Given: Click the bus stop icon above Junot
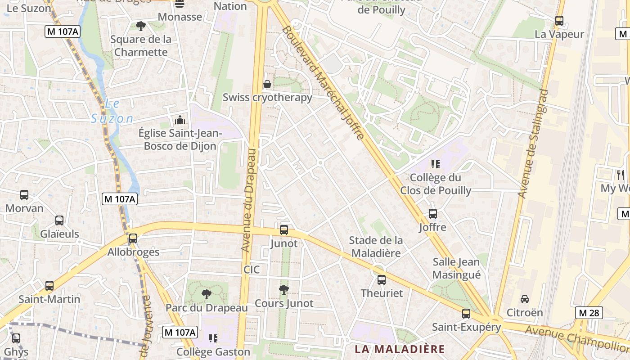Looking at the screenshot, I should pyautogui.click(x=284, y=230).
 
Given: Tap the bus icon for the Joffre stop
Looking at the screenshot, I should pyautogui.click(x=432, y=214).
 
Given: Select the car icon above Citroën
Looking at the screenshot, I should pyautogui.click(x=524, y=299).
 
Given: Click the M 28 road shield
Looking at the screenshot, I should pyautogui.click(x=589, y=313).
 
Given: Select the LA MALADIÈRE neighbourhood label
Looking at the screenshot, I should pyautogui.click(x=400, y=349).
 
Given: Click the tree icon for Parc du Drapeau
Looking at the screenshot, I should pyautogui.click(x=207, y=294).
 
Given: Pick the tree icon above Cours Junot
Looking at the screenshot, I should pyautogui.click(x=283, y=290).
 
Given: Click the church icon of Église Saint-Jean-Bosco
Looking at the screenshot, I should pyautogui.click(x=180, y=120).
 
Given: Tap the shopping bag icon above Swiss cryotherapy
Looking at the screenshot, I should pyautogui.click(x=267, y=84).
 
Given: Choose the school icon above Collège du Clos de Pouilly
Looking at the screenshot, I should pyautogui.click(x=435, y=164).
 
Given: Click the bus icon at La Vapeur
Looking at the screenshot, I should pyautogui.click(x=559, y=21).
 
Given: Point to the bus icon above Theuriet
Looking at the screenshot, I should pyautogui.click(x=382, y=280).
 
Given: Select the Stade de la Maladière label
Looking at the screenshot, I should pyautogui.click(x=376, y=247).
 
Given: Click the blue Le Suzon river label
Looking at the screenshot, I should pyautogui.click(x=112, y=111).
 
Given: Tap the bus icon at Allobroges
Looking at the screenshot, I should pyautogui.click(x=133, y=238).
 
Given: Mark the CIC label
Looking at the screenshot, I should pyautogui.click(x=252, y=270).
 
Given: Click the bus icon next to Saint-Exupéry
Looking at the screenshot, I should pyautogui.click(x=466, y=314).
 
